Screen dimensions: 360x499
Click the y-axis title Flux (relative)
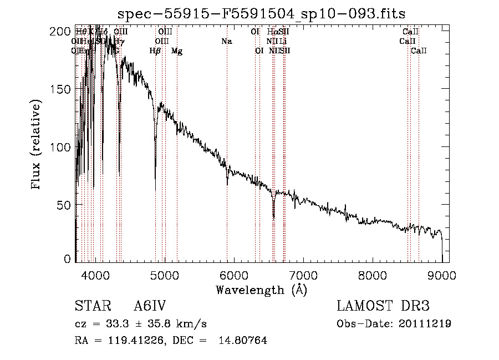37,145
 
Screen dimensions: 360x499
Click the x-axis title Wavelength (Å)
261,290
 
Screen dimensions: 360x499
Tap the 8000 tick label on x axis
373,275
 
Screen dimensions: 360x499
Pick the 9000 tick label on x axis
442,275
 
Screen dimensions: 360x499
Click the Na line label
226,42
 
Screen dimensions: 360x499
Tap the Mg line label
177,51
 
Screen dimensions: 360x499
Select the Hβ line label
155,51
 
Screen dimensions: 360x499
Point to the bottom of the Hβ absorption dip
155,179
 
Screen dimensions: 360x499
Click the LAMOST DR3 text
383,306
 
